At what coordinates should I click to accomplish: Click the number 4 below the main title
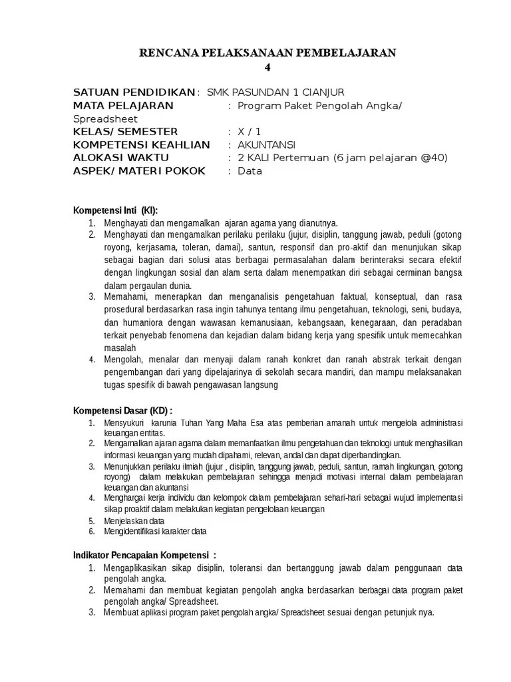pyautogui.click(x=267, y=67)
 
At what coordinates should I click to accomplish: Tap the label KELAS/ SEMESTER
pyautogui.click(x=125, y=132)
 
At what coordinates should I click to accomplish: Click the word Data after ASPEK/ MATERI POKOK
pyautogui.click(x=250, y=171)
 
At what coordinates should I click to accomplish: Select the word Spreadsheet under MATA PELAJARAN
pyautogui.click(x=105, y=119)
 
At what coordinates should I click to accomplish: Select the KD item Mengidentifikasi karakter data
pyautogui.click(x=155, y=531)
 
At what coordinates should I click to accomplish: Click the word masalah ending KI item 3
pyautogui.click(x=120, y=348)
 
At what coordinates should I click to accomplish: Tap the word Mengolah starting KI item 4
pyautogui.click(x=121, y=360)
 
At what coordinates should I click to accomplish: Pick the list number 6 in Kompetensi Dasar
pyautogui.click(x=91, y=531)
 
